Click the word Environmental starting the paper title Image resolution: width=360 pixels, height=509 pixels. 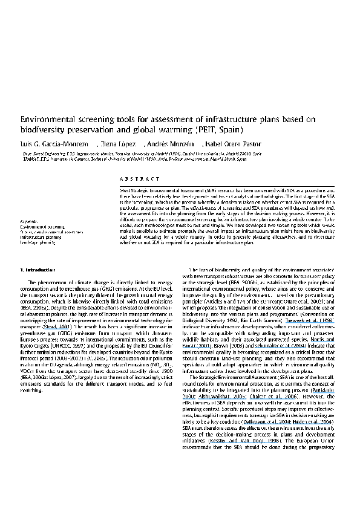pyautogui.click(x=46, y=120)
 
